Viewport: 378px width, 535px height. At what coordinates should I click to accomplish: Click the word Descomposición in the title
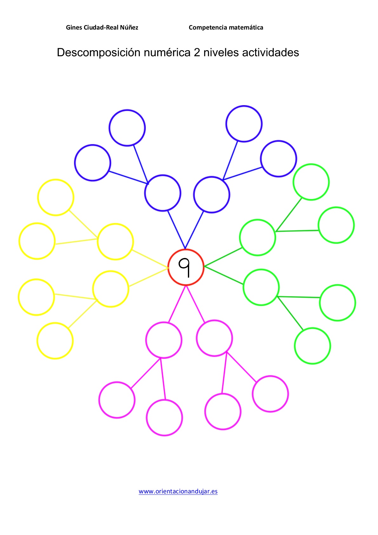tap(98, 52)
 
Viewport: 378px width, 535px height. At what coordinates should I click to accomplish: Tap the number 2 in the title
tap(197, 52)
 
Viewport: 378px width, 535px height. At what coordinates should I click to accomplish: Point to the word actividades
tap(270, 52)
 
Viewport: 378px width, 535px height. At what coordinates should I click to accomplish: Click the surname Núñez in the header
tap(129, 27)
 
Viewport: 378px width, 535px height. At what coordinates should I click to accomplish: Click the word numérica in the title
tap(167, 52)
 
